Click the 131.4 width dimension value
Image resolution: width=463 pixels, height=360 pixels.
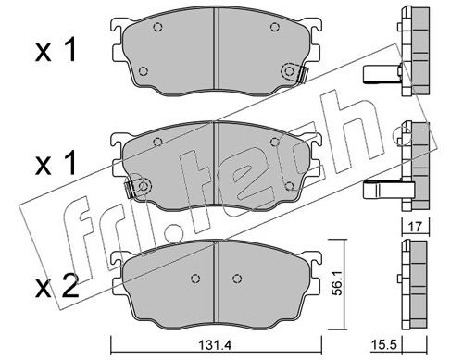[x=217, y=345]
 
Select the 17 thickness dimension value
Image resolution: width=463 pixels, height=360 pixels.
[x=416, y=227]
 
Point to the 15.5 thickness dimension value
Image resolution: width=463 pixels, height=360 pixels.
[x=385, y=344]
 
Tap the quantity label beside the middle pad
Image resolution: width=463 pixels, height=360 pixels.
[x=56, y=164]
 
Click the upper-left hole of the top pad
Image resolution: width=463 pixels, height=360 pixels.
[x=157, y=28]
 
